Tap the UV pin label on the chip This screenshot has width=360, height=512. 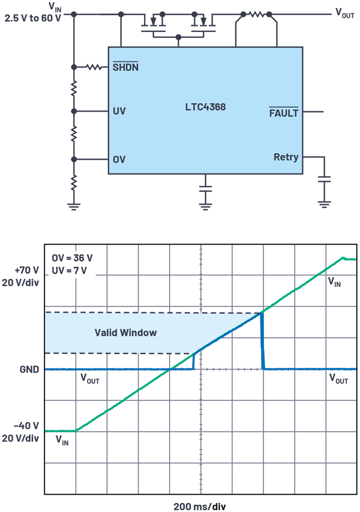point(119,112)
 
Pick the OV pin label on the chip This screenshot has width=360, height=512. point(119,160)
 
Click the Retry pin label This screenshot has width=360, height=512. point(286,157)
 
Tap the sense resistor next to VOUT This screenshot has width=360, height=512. point(256,13)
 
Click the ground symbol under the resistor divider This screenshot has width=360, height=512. point(74,206)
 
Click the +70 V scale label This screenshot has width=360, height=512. point(25,271)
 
